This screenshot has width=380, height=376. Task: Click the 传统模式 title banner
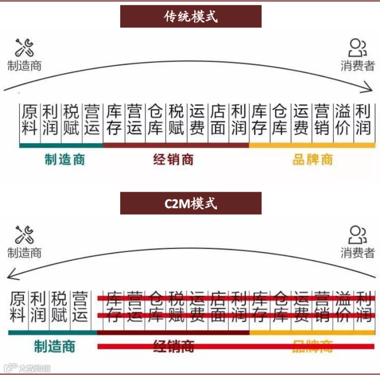point(190,17)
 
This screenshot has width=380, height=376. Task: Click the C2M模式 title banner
point(190,203)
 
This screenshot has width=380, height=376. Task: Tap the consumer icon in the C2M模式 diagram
point(358,235)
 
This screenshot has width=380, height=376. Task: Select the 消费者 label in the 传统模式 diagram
point(358,66)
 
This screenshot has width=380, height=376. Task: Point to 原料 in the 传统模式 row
point(29,120)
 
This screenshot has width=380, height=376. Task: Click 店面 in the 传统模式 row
point(217,120)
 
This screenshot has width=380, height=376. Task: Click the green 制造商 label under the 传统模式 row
point(64,159)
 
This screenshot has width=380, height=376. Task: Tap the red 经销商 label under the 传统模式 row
point(174,159)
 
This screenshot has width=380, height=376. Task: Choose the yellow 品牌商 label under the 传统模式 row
point(313,159)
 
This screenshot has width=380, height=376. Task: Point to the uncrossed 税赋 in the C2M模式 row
point(59,307)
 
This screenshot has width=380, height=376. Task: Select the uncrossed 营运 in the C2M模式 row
point(79,307)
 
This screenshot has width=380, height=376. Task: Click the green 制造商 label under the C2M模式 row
point(54,346)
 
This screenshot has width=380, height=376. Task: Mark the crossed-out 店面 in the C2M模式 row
point(219,307)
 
